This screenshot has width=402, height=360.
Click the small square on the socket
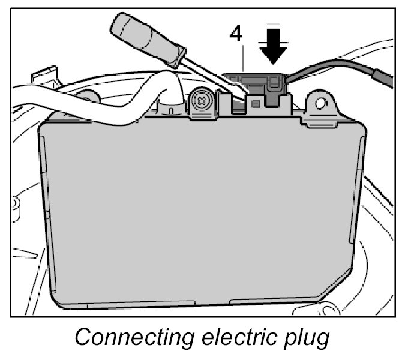(256, 104)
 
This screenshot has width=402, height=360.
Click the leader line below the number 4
(242, 60)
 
